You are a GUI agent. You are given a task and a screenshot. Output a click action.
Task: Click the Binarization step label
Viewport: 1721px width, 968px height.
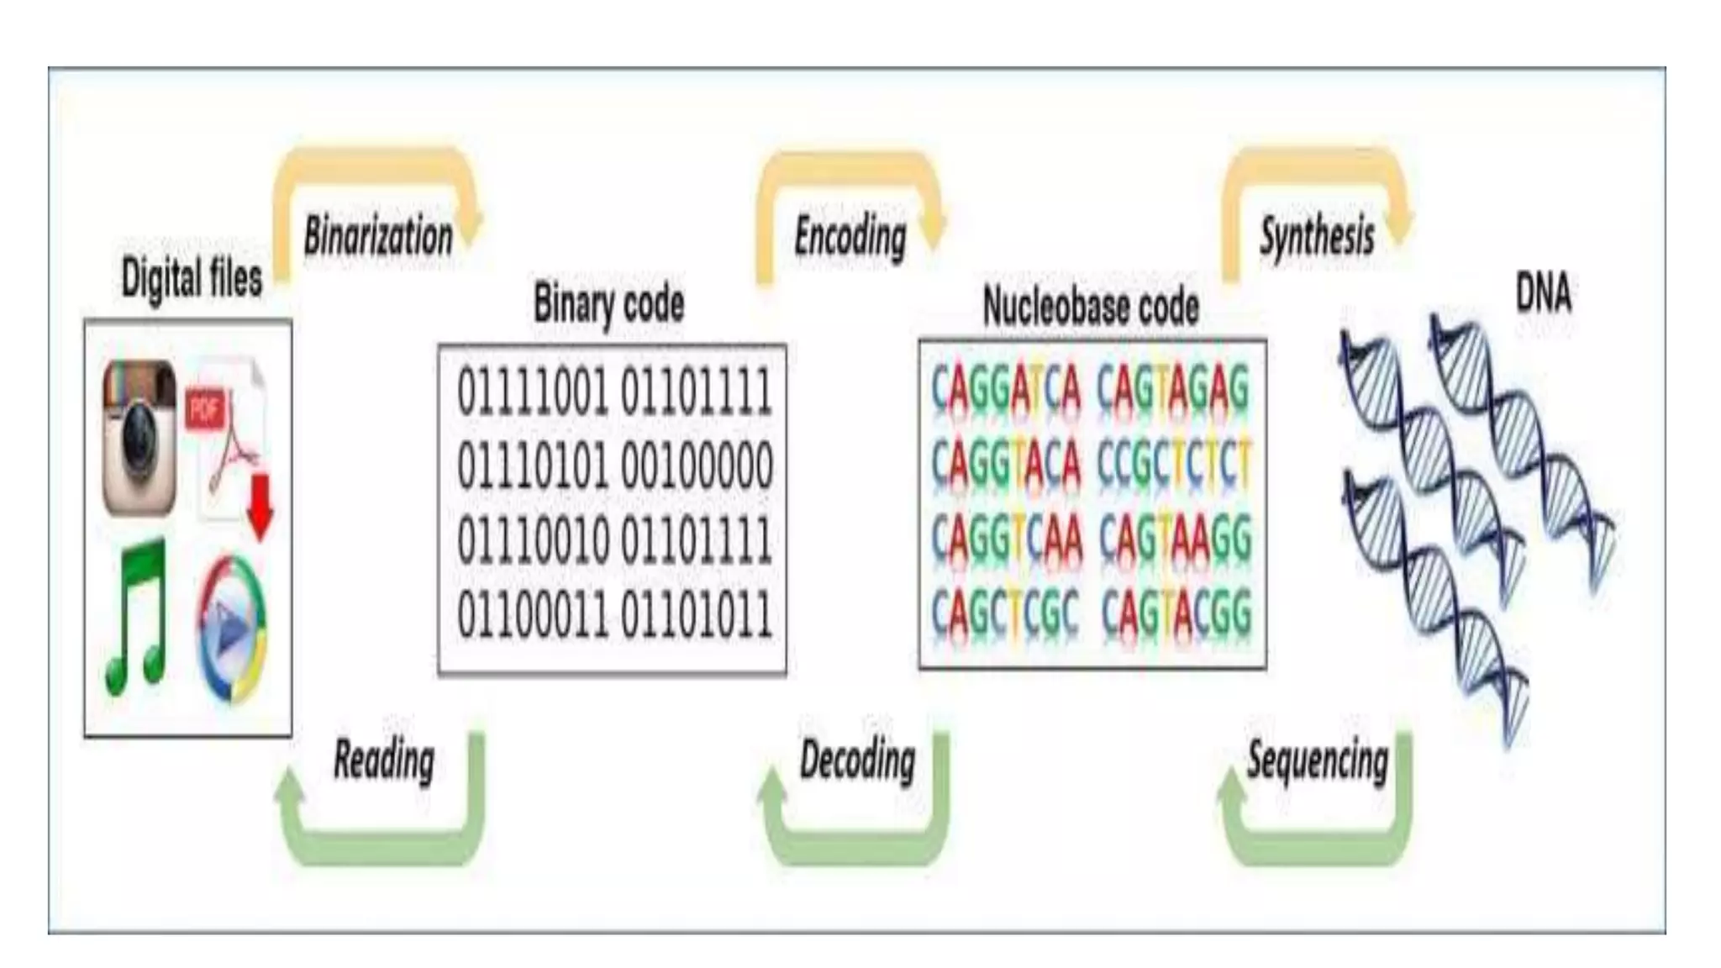[378, 236]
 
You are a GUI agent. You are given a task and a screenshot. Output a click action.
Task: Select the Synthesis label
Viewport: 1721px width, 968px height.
[1317, 236]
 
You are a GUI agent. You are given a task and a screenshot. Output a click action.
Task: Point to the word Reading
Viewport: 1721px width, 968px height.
[384, 760]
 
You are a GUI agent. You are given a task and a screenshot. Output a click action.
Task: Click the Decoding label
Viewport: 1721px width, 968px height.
[857, 760]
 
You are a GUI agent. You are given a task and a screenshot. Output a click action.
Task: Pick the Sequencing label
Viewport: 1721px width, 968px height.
[1317, 760]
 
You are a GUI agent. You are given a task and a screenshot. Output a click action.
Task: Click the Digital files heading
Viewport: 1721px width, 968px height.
[192, 278]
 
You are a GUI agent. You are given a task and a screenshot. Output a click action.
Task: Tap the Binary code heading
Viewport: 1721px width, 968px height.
[609, 303]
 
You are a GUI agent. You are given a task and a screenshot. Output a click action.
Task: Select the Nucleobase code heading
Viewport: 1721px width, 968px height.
[1091, 306]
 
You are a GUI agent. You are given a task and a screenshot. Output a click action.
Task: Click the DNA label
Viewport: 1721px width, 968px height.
[1543, 293]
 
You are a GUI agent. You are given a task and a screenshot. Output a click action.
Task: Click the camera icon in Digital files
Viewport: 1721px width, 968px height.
[139, 437]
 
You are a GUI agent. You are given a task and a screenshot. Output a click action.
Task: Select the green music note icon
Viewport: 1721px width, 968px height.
[136, 618]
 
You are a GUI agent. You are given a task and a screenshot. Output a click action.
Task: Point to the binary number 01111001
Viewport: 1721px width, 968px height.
[533, 392]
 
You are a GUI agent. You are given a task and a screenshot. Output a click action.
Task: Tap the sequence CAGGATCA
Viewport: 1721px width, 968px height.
[1006, 390]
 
